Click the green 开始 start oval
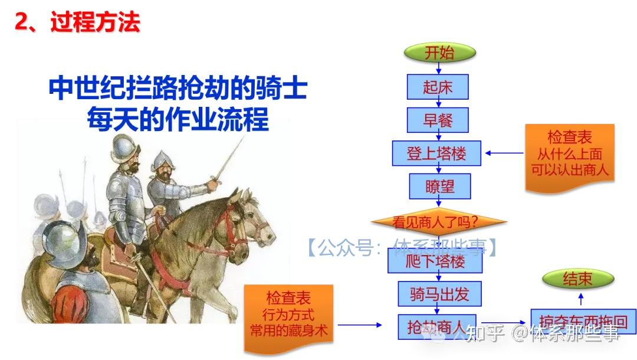(x=439, y=53)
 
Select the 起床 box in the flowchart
(x=438, y=87)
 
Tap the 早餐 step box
(x=438, y=120)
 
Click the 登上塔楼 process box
(x=437, y=153)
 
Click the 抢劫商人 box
(x=437, y=325)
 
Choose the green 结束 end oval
(x=577, y=279)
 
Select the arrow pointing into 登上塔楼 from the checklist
(x=504, y=153)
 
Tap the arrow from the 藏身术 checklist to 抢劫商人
(x=360, y=325)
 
